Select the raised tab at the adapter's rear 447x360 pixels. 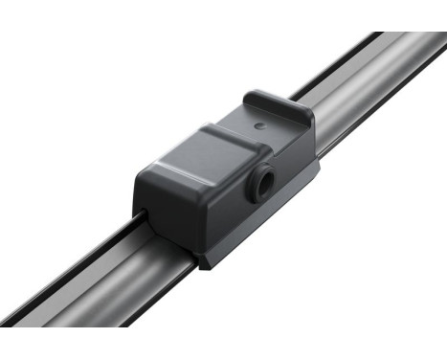pos(280,107)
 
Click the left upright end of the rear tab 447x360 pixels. pos(251,101)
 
